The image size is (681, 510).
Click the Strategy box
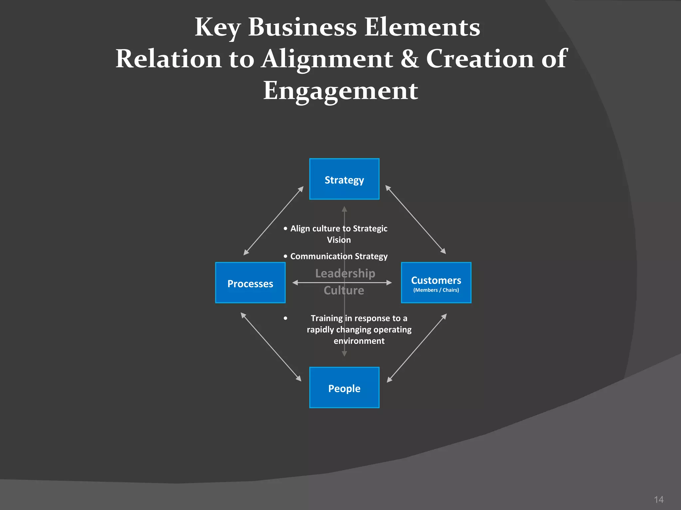(x=344, y=179)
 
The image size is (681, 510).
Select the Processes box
(x=250, y=283)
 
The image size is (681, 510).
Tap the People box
(x=344, y=387)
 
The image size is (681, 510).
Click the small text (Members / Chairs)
(x=436, y=290)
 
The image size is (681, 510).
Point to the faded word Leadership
(x=345, y=273)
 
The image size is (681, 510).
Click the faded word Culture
(x=344, y=291)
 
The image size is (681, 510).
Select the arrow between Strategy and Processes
(x=273, y=221)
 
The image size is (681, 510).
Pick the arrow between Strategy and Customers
(x=415, y=219)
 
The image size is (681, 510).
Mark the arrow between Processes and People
(x=271, y=347)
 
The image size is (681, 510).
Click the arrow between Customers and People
(x=417, y=348)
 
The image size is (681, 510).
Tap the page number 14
(x=658, y=499)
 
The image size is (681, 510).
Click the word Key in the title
(x=217, y=27)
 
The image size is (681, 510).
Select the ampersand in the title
(x=409, y=59)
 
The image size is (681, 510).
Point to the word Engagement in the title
(x=340, y=91)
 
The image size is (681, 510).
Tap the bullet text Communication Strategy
(x=339, y=256)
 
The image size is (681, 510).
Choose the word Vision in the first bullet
(x=339, y=240)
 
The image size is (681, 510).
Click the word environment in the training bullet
(x=359, y=341)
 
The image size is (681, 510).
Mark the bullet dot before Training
(x=285, y=318)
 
